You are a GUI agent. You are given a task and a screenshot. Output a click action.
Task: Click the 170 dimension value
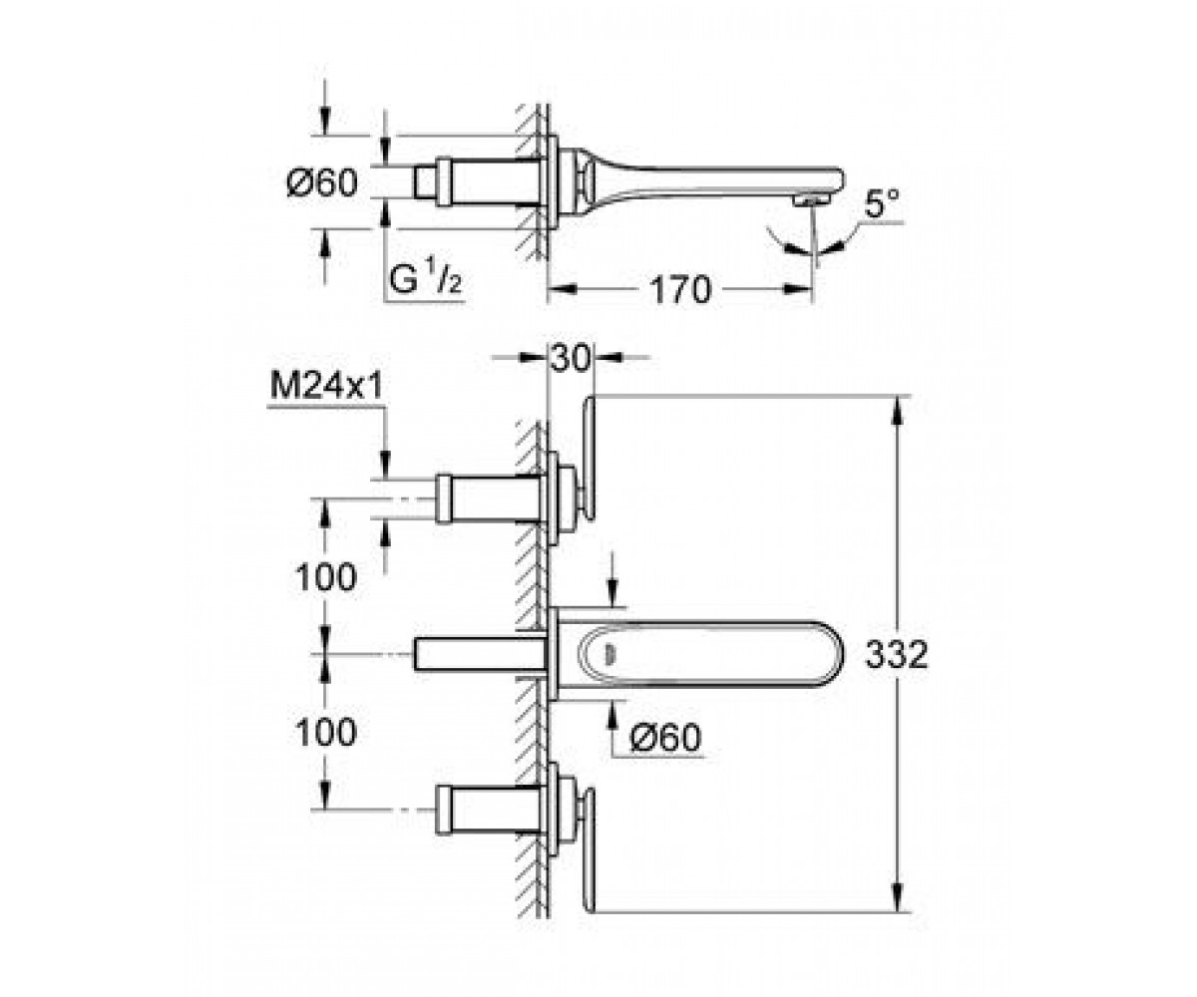(x=680, y=290)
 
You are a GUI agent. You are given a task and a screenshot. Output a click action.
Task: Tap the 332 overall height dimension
(x=896, y=654)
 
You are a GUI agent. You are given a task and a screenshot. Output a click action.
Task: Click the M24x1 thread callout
(x=326, y=387)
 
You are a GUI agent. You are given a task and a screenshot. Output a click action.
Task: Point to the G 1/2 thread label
(x=425, y=280)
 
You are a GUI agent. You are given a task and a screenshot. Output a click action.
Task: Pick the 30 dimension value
(x=571, y=359)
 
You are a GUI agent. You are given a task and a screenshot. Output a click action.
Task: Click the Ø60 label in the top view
(x=322, y=183)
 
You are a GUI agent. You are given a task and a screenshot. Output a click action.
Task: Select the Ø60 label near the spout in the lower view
(x=665, y=737)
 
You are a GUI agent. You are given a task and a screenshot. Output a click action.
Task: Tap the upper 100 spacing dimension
(x=326, y=576)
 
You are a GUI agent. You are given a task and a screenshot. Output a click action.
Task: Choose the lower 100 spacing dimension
(x=326, y=732)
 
